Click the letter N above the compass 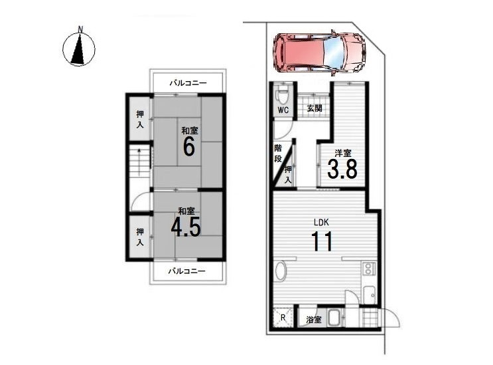click(x=81, y=30)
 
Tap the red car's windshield click(x=333, y=53)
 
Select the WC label click(x=283, y=110)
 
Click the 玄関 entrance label click(x=314, y=108)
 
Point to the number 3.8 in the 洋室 click(x=342, y=169)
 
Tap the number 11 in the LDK click(x=322, y=241)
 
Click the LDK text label click(x=321, y=222)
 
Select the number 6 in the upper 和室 click(x=188, y=146)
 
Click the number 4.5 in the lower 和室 click(x=186, y=227)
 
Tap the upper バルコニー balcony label click(x=188, y=83)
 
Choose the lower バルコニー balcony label click(x=186, y=271)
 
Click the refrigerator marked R click(x=283, y=318)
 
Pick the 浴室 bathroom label click(x=314, y=320)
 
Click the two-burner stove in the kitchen click(x=368, y=269)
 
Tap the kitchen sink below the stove click(x=370, y=295)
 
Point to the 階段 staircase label click(x=278, y=154)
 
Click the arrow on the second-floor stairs click(x=138, y=162)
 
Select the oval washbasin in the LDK click(x=281, y=271)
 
